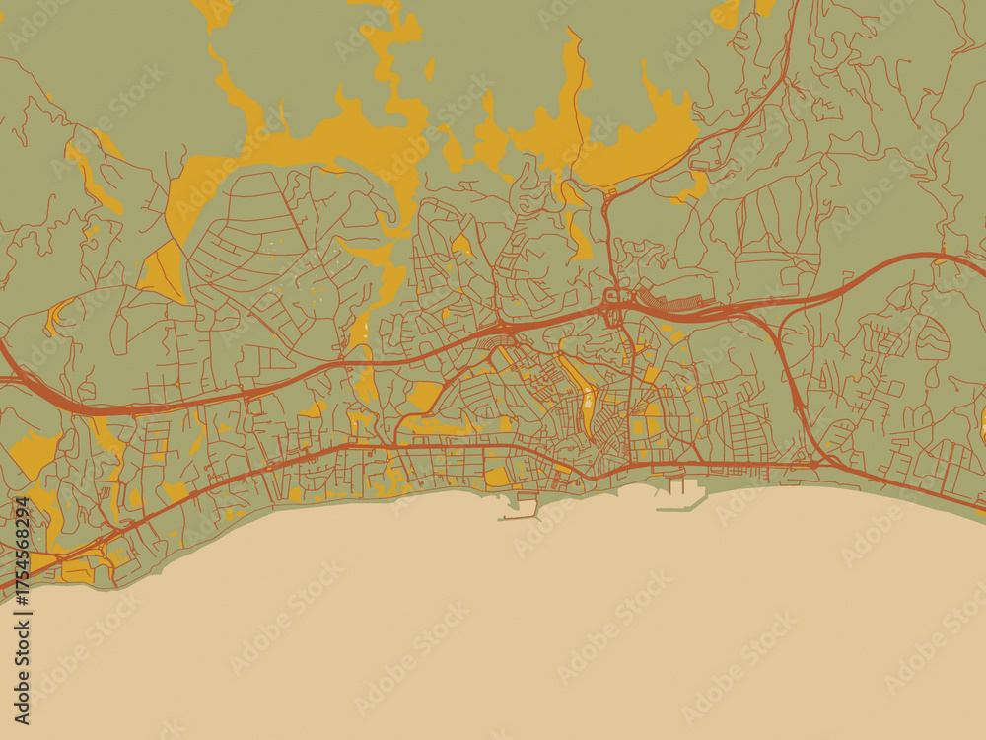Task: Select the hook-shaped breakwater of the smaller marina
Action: tap(520, 509)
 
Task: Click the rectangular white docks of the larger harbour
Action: tap(678, 487)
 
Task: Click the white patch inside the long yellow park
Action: tap(589, 400)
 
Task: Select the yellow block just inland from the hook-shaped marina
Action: tap(498, 477)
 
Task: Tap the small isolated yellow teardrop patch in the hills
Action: tap(430, 69)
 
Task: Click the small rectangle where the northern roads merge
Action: tap(611, 294)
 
